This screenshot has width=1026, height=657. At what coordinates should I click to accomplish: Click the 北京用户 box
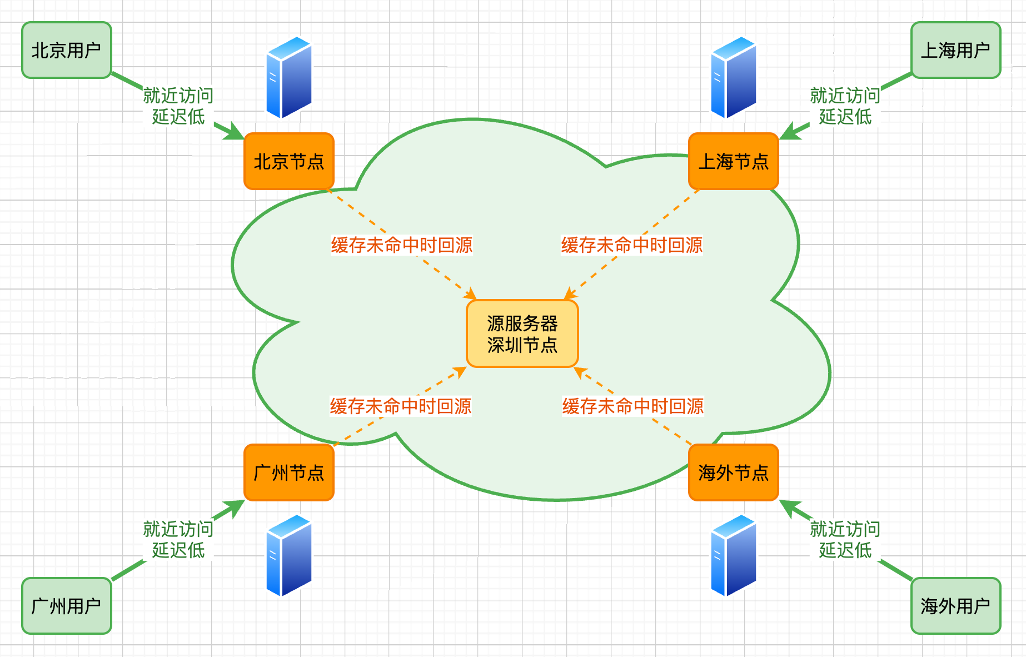coord(67,50)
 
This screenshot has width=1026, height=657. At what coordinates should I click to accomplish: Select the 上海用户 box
coord(955,50)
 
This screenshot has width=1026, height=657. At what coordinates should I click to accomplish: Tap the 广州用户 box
coord(67,606)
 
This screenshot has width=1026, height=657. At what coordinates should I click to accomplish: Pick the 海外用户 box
coord(955,606)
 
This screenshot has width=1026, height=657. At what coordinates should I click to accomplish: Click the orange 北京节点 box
coord(289,161)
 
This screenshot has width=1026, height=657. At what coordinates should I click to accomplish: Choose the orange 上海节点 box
coord(733,161)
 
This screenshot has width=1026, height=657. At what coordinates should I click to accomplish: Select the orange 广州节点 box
coord(289,472)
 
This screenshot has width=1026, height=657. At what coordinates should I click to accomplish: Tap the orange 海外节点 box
coord(733,472)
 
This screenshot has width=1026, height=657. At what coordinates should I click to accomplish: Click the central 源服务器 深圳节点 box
coord(522,334)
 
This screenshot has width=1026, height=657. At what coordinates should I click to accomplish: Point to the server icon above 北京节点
coord(289,78)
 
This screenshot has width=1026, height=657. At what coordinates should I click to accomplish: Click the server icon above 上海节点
coord(734,78)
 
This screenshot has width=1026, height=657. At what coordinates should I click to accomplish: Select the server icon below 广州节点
coord(289,556)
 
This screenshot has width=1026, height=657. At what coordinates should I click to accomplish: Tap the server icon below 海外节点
coord(734,556)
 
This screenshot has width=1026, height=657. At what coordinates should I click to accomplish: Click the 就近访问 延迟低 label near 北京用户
coord(178,106)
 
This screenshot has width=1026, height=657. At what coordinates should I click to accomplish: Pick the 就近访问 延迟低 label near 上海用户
coord(845,106)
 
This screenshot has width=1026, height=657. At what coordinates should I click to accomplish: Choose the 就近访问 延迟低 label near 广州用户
coord(178,539)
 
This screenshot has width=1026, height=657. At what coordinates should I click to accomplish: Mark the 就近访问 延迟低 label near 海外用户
coord(845,539)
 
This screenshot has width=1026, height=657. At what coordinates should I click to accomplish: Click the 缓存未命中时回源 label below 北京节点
coord(401,245)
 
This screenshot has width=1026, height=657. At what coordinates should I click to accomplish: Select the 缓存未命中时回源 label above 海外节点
coord(632,406)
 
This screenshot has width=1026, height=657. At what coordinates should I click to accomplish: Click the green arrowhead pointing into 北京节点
coord(234,133)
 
